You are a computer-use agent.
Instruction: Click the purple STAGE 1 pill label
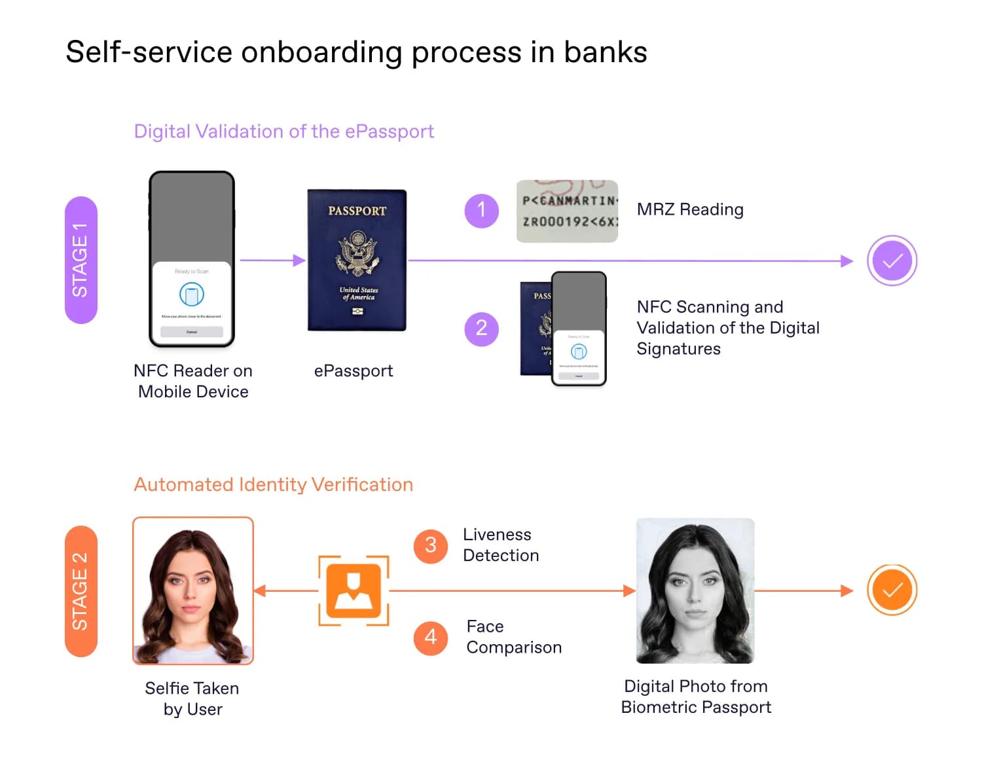click(81, 260)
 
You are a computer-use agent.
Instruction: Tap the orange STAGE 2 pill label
click(81, 591)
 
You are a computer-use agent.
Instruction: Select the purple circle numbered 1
click(481, 210)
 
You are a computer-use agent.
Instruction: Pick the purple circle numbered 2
click(481, 328)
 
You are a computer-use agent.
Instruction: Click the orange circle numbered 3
click(430, 545)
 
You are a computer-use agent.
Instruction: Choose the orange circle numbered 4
click(430, 637)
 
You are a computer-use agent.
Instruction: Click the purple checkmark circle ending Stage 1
click(892, 261)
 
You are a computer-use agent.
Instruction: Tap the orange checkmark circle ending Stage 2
click(892, 590)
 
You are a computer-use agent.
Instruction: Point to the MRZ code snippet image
click(567, 211)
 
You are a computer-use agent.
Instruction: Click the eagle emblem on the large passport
click(357, 253)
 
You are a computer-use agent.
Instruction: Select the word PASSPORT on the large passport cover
click(357, 211)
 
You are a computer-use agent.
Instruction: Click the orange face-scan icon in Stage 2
click(354, 590)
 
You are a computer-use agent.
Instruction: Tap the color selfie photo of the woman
click(193, 590)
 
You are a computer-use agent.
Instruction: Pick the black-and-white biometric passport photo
click(695, 590)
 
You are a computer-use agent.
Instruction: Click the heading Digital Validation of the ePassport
click(283, 132)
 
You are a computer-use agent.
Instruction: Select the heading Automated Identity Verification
click(273, 484)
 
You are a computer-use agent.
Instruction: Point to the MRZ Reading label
click(690, 209)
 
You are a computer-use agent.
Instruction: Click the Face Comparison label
click(513, 637)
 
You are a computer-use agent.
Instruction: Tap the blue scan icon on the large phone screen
click(192, 295)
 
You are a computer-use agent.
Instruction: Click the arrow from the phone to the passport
click(272, 261)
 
